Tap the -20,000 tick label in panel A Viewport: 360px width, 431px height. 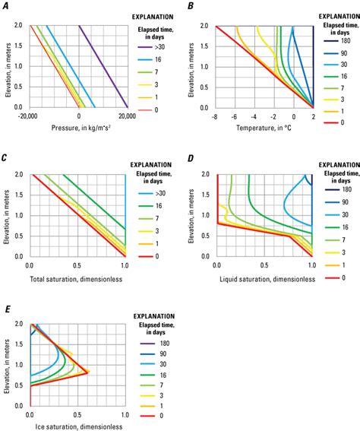click(x=30, y=116)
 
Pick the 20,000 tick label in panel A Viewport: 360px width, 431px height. click(x=128, y=116)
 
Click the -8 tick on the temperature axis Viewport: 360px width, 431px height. click(x=216, y=116)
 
